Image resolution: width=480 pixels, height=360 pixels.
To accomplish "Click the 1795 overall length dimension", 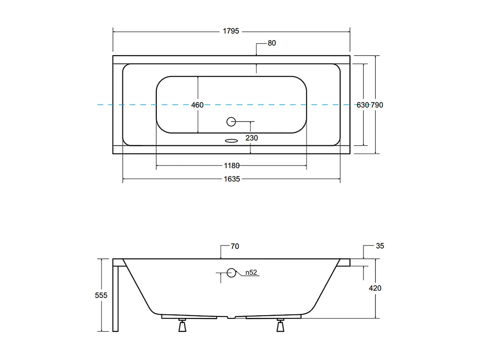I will [231, 31].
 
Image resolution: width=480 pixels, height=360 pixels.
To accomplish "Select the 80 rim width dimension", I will [271, 43].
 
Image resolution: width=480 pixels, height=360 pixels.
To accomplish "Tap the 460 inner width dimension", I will [197, 105].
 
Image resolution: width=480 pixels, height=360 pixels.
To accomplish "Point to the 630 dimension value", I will [363, 105].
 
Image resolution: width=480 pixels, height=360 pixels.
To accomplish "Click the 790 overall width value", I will [377, 105].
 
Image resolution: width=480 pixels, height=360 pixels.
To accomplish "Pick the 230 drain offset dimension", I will [251, 138].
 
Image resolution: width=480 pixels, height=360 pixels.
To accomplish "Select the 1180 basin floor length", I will [232, 165].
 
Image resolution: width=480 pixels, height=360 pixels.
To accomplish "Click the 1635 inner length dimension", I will [232, 178].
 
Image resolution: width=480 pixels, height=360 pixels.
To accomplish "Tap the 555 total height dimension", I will [101, 295].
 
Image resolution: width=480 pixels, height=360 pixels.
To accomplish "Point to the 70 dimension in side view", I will [235, 246].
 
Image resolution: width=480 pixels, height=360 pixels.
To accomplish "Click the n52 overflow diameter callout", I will [251, 272].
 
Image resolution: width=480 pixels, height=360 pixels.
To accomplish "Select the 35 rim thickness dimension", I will [380, 246].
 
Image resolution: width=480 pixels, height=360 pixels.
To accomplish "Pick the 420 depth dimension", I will [375, 288].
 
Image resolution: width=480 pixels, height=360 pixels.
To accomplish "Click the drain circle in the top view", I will [231, 121].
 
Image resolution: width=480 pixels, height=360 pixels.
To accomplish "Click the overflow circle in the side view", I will [231, 272].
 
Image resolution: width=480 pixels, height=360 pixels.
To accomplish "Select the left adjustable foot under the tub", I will [182, 326].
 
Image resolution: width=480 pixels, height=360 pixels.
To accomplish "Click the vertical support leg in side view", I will [115, 298].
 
